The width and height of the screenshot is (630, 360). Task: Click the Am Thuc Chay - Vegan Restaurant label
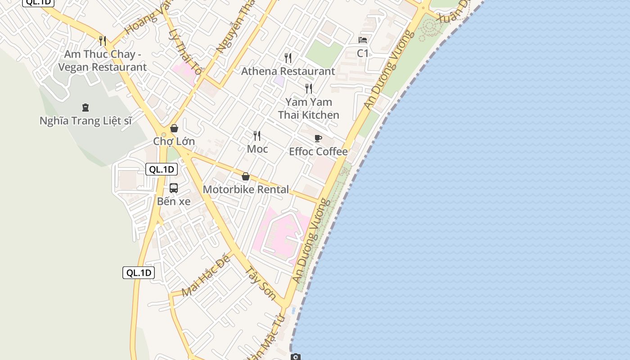[103, 61]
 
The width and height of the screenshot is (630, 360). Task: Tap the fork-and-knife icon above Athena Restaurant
[288, 58]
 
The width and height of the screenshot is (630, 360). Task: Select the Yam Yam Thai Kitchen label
[309, 108]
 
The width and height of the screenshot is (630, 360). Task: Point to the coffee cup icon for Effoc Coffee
[318, 138]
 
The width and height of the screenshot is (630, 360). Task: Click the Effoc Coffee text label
[318, 152]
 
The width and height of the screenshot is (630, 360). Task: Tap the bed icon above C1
[363, 40]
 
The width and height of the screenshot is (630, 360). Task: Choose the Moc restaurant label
[257, 149]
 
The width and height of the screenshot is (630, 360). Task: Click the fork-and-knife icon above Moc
[257, 135]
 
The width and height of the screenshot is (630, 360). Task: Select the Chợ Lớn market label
[174, 141]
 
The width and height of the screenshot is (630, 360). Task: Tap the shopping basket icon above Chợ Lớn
[174, 128]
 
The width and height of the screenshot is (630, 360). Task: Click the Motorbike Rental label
[246, 189]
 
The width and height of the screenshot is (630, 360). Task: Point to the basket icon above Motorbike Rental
[246, 176]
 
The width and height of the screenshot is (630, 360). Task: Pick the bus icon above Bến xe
[174, 188]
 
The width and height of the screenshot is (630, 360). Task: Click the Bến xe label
[174, 201]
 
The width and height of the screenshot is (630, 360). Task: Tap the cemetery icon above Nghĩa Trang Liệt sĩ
[85, 108]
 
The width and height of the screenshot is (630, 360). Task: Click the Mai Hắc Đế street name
[206, 275]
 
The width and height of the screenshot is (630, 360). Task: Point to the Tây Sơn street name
[261, 283]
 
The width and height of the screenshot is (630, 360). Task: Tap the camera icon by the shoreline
[295, 357]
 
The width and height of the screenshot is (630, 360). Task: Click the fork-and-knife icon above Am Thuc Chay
[103, 41]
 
